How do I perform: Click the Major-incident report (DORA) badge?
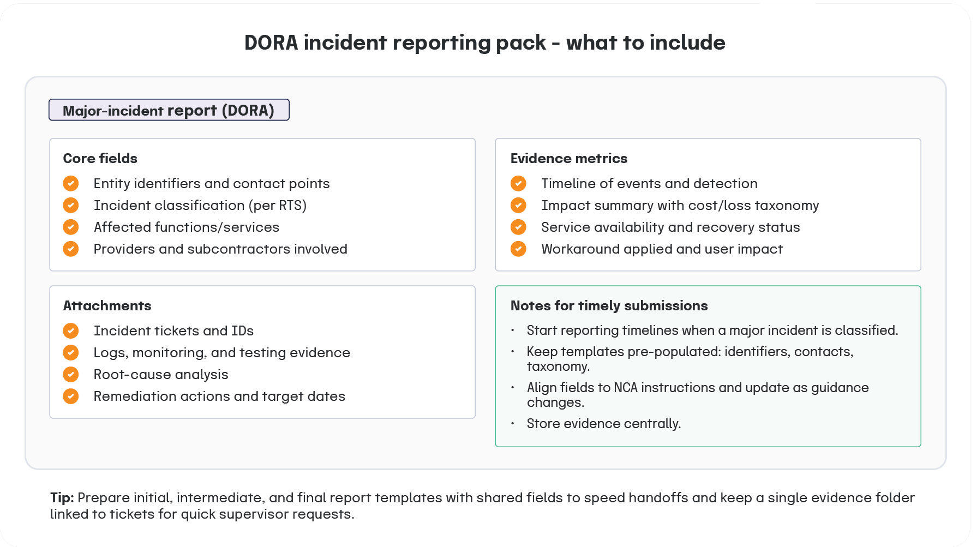(x=169, y=110)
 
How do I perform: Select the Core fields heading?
(x=100, y=159)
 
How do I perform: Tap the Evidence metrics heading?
(x=568, y=159)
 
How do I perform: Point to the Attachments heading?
(x=107, y=306)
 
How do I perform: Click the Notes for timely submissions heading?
(x=609, y=306)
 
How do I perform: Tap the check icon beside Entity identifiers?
(x=71, y=183)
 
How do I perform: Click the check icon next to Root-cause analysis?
(x=71, y=375)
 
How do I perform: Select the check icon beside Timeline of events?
(x=518, y=183)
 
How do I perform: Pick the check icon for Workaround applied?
(x=518, y=249)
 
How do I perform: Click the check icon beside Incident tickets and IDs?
(x=71, y=331)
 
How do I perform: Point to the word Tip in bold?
(x=62, y=498)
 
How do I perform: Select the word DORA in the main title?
(x=271, y=43)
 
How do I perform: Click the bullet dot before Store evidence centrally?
(x=513, y=424)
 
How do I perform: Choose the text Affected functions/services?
(x=186, y=227)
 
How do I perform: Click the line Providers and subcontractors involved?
(x=220, y=249)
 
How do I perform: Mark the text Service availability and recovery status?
(x=670, y=227)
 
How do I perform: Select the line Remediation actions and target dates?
(x=219, y=396)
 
